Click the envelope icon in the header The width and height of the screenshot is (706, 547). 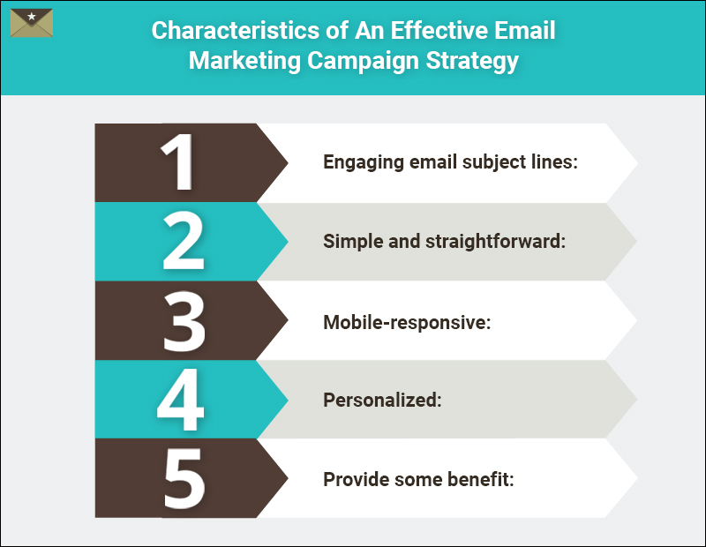coord(32,23)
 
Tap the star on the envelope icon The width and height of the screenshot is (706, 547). coord(32,17)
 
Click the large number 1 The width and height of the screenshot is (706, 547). coord(180,162)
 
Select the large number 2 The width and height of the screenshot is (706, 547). coord(183,241)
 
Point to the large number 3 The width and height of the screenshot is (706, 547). coord(183,319)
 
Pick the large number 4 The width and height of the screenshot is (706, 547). coord(181,399)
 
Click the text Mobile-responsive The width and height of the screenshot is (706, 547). coord(406,321)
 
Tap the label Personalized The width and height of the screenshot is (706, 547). coord(381,400)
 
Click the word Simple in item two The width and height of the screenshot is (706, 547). coord(349,241)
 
